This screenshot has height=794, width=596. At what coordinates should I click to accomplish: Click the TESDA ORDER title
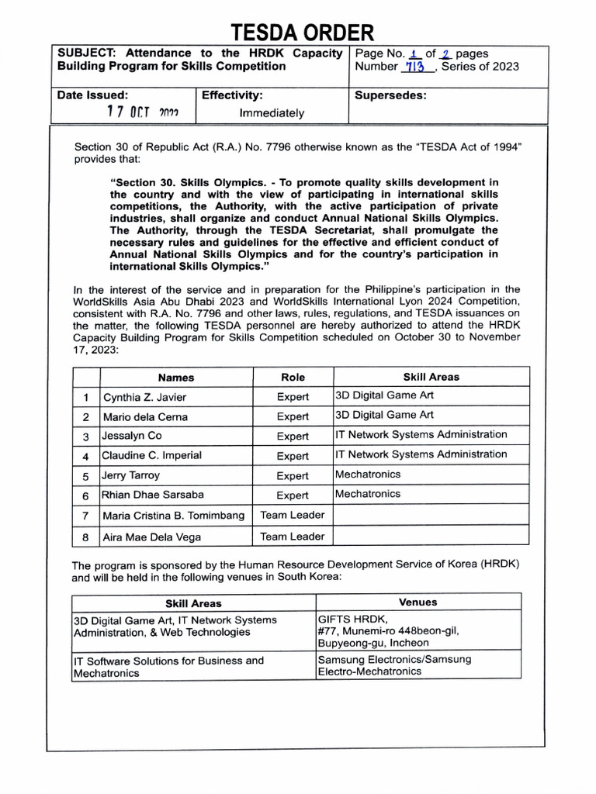point(302,32)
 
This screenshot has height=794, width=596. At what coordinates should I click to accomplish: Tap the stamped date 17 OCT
point(143,112)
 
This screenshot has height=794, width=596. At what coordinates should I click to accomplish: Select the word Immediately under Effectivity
point(272,113)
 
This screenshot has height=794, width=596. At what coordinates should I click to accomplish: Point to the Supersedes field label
point(390,96)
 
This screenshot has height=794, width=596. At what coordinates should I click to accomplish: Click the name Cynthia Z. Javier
point(145,397)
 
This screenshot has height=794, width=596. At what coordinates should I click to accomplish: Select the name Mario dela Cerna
point(145,416)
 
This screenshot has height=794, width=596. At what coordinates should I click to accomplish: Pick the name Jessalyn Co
point(132,436)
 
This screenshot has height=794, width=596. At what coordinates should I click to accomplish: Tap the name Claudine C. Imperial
point(151,455)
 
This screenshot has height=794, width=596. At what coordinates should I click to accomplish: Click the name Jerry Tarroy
point(130,475)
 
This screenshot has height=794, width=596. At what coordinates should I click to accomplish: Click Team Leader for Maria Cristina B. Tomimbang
point(293,515)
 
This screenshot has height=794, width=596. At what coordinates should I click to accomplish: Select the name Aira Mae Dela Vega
point(151,537)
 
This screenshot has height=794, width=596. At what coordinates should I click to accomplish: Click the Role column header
point(293,377)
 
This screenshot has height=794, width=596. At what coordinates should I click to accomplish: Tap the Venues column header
point(418,602)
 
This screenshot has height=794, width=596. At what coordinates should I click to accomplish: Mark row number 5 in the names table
point(86,476)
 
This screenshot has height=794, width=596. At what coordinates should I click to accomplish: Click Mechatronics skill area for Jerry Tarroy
point(368,474)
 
